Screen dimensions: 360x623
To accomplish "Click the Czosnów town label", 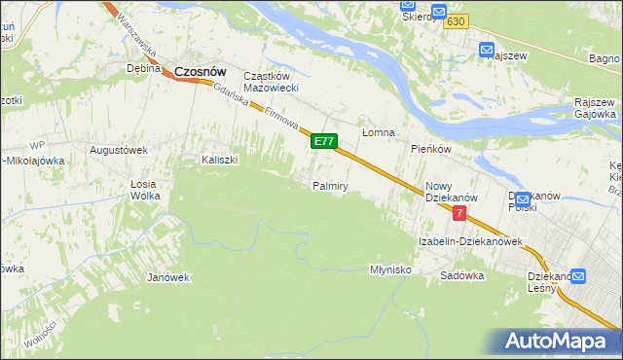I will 201,71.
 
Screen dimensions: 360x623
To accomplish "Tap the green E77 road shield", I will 324,142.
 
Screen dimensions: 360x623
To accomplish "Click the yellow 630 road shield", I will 459,21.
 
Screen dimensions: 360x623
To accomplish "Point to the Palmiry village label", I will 330,185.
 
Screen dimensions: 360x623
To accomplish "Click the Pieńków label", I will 430,149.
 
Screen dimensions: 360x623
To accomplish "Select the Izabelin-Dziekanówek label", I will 471,240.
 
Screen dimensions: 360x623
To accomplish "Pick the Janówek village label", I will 167,277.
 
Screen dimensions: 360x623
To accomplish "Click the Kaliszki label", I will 219,160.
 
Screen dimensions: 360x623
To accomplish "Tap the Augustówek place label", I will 118,151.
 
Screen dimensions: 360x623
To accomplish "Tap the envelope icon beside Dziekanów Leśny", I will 579,276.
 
